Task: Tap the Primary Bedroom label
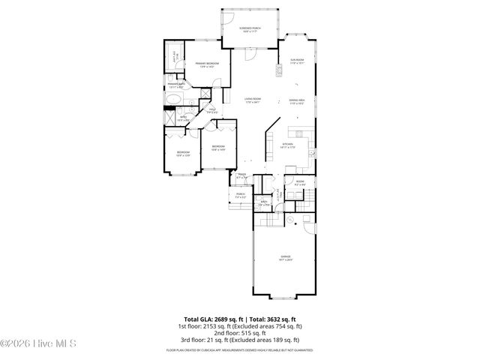point(207,65)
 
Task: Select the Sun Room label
point(297,61)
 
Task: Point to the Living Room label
point(252,100)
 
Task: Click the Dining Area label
point(297,101)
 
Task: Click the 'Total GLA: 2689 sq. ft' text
point(208,319)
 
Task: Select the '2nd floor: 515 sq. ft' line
point(240,333)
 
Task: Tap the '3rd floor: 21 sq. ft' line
point(240,340)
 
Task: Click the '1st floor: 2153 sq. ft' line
point(240,326)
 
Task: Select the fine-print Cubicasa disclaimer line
point(240,349)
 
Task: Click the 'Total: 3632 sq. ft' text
point(273,319)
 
